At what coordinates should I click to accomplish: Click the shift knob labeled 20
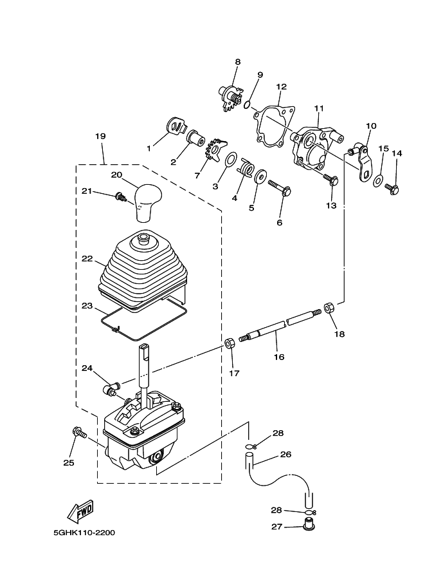(149, 201)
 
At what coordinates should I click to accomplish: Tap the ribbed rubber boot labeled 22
(142, 269)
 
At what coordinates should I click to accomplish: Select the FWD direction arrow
(80, 512)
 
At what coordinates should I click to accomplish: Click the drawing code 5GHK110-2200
(84, 533)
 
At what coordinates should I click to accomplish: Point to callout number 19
(100, 136)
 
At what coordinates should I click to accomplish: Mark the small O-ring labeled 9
(247, 105)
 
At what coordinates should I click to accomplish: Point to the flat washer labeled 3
(231, 159)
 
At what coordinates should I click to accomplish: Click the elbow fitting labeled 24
(111, 388)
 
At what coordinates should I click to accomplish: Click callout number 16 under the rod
(279, 357)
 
